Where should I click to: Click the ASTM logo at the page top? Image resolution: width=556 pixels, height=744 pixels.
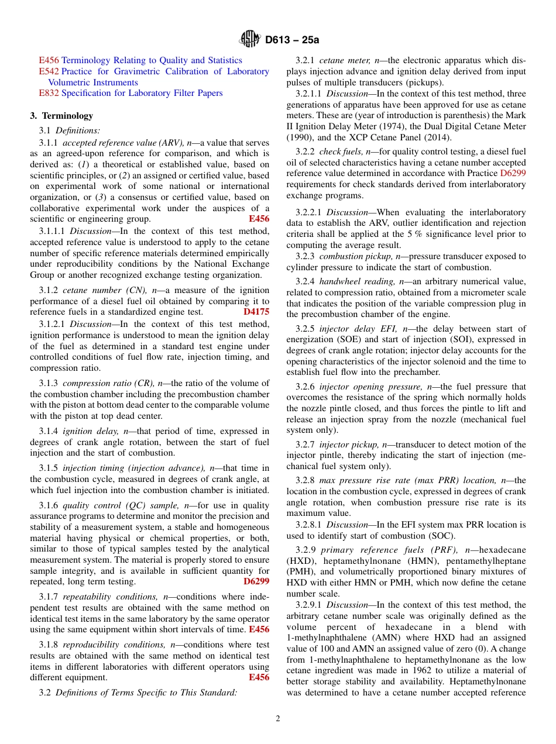tap(250, 40)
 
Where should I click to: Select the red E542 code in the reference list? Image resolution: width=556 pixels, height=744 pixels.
tap(49, 71)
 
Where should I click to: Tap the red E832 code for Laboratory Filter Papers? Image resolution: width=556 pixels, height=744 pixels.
tap(49, 93)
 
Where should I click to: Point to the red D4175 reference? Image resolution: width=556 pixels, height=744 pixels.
tap(256, 312)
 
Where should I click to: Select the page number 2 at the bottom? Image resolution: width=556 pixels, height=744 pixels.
tap(278, 718)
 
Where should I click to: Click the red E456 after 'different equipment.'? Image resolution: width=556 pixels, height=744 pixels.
tap(259, 677)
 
